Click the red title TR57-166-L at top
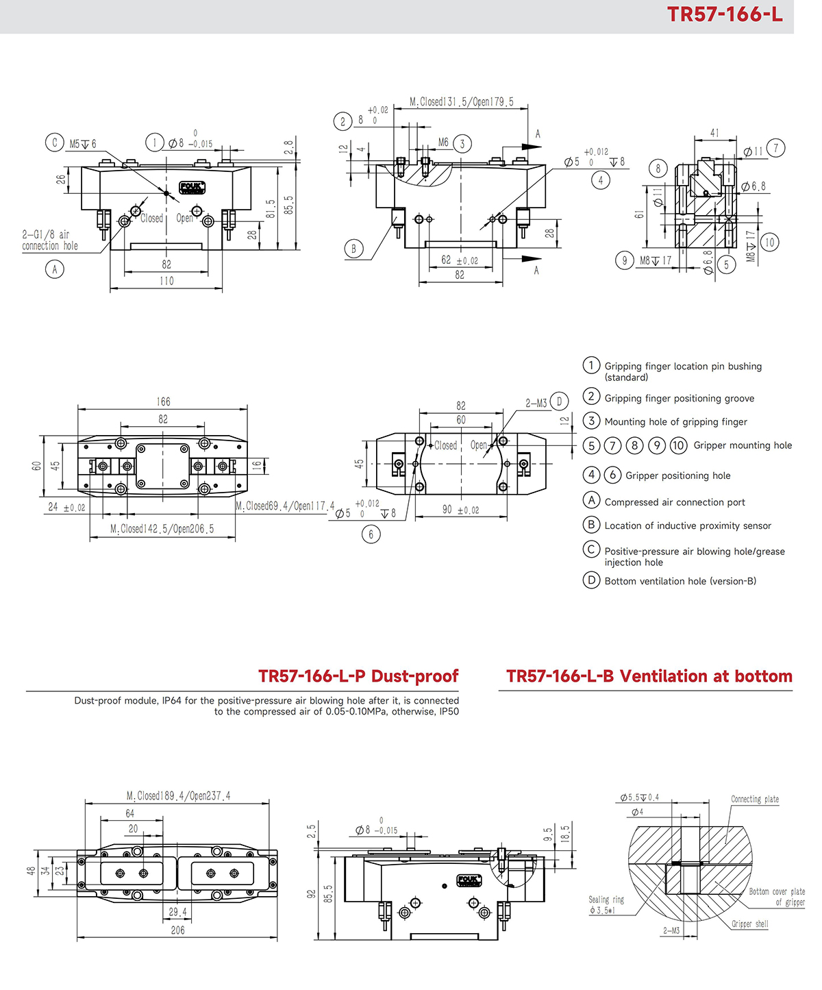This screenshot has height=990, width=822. tap(724, 14)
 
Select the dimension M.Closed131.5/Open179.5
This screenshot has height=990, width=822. tap(461, 102)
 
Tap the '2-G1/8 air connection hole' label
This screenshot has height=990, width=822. tap(49, 240)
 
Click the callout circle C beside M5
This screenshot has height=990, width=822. tap(54, 143)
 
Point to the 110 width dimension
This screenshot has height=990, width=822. tap(166, 281)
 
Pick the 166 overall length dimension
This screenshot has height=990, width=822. tap(163, 401)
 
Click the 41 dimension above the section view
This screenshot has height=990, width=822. tap(714, 133)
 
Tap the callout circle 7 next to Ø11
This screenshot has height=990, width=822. tap(775, 148)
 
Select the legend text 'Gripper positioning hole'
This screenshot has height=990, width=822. tap(677, 475)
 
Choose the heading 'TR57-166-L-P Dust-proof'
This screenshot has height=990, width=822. tap(358, 676)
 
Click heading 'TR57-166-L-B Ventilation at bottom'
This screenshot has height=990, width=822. tap(649, 676)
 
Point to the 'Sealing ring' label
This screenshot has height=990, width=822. tap(606, 900)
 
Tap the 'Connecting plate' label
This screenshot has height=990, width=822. tap(754, 799)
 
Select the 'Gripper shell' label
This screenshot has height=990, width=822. tap(749, 924)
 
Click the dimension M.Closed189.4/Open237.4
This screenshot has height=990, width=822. tap(178, 795)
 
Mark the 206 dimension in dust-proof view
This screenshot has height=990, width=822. tap(177, 930)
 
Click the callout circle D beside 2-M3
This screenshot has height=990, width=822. tap(559, 401)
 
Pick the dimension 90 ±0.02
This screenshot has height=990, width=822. tap(460, 510)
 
